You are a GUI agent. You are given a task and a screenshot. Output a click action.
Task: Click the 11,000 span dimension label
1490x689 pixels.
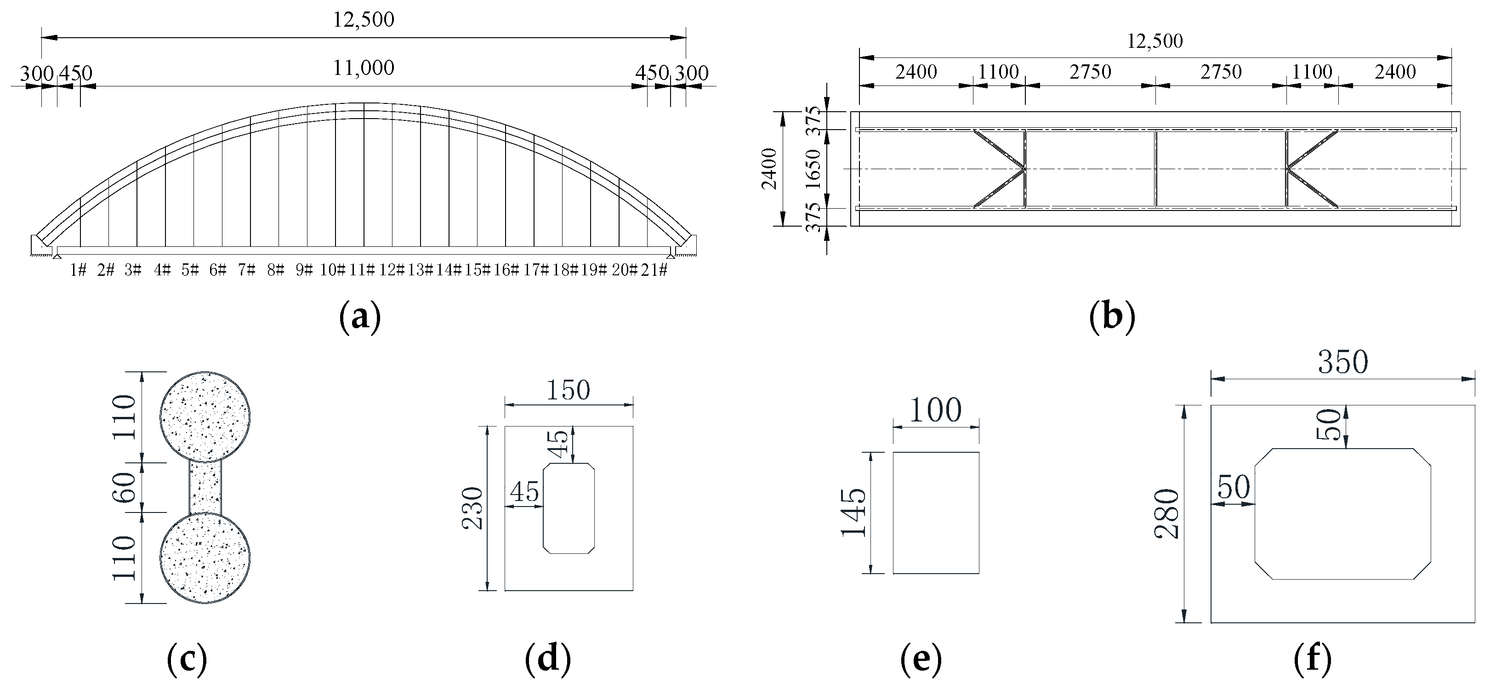(363, 68)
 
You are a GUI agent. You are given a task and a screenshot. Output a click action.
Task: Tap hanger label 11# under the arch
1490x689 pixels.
(363, 270)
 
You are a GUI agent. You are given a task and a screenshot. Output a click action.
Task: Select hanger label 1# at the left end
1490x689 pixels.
(78, 270)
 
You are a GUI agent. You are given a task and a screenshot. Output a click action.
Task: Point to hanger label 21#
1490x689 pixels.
(654, 270)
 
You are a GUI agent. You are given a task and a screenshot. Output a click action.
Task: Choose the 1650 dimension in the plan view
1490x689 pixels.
(813, 168)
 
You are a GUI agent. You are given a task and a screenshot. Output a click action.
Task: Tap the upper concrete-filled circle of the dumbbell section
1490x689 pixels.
(205, 416)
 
